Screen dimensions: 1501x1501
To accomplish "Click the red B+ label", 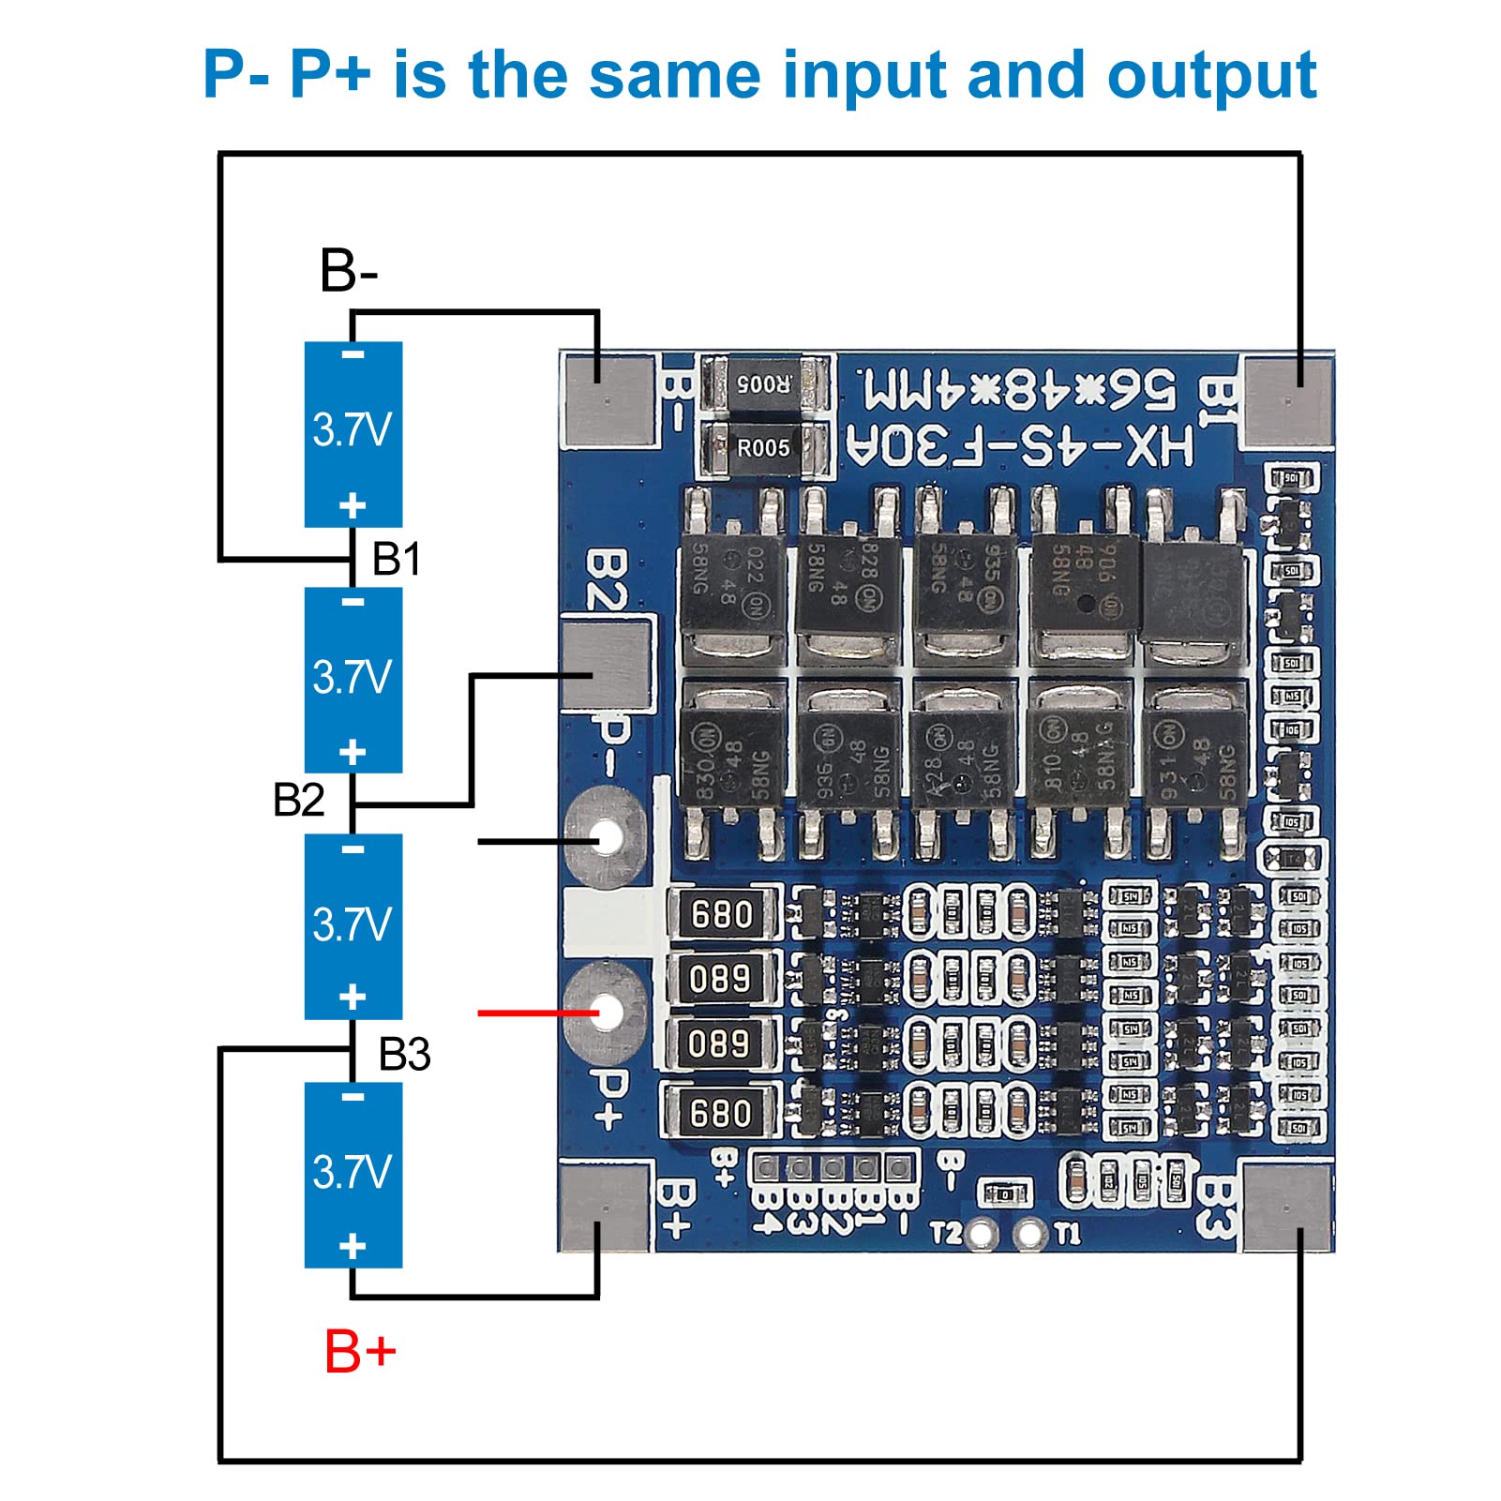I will (x=360, y=1352).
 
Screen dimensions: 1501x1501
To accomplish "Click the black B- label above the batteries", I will (x=349, y=271).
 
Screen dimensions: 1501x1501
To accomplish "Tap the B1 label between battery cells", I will (x=396, y=560).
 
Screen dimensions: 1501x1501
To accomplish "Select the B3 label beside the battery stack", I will (x=404, y=1055).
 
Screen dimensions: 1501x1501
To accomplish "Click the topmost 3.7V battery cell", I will (x=353, y=433).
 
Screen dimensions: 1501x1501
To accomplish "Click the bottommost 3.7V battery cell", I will (x=353, y=1175).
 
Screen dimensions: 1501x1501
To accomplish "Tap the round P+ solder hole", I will (x=608, y=1012).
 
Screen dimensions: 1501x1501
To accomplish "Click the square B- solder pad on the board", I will (x=608, y=401).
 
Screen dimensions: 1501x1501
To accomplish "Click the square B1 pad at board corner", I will (x=1288, y=401).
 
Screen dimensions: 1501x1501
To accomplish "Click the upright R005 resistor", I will (x=764, y=448).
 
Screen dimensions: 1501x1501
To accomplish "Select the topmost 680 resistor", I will (x=722, y=913).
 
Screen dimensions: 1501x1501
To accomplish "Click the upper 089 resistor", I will (x=720, y=979).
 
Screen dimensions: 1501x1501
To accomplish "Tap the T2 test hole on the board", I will (x=979, y=1233).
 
